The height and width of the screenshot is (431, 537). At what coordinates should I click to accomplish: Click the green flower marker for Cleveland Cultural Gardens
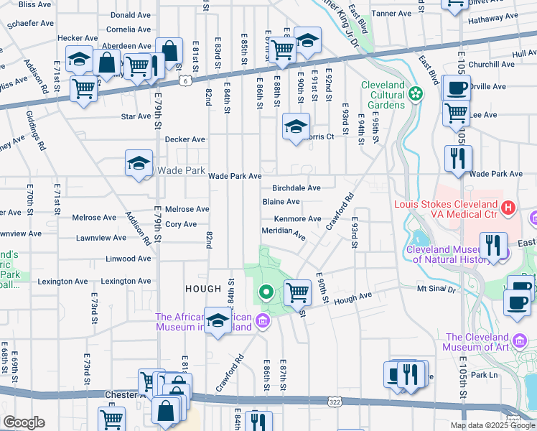point(416,93)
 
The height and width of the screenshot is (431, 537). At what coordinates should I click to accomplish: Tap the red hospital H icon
point(509,208)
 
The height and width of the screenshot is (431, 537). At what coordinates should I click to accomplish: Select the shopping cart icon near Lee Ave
point(455,112)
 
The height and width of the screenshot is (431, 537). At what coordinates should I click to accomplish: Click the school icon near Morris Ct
point(295,126)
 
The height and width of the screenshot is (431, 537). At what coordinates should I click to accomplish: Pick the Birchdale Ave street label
point(296,187)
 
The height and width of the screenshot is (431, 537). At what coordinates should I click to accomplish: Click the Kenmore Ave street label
point(297,218)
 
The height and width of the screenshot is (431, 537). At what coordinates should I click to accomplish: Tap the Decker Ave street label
point(185,139)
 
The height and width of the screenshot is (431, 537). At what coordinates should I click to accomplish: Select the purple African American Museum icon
point(263,320)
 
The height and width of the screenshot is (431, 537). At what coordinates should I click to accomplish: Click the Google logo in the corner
point(23,422)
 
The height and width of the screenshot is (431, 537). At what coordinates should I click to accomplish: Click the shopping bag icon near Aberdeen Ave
point(169,51)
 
